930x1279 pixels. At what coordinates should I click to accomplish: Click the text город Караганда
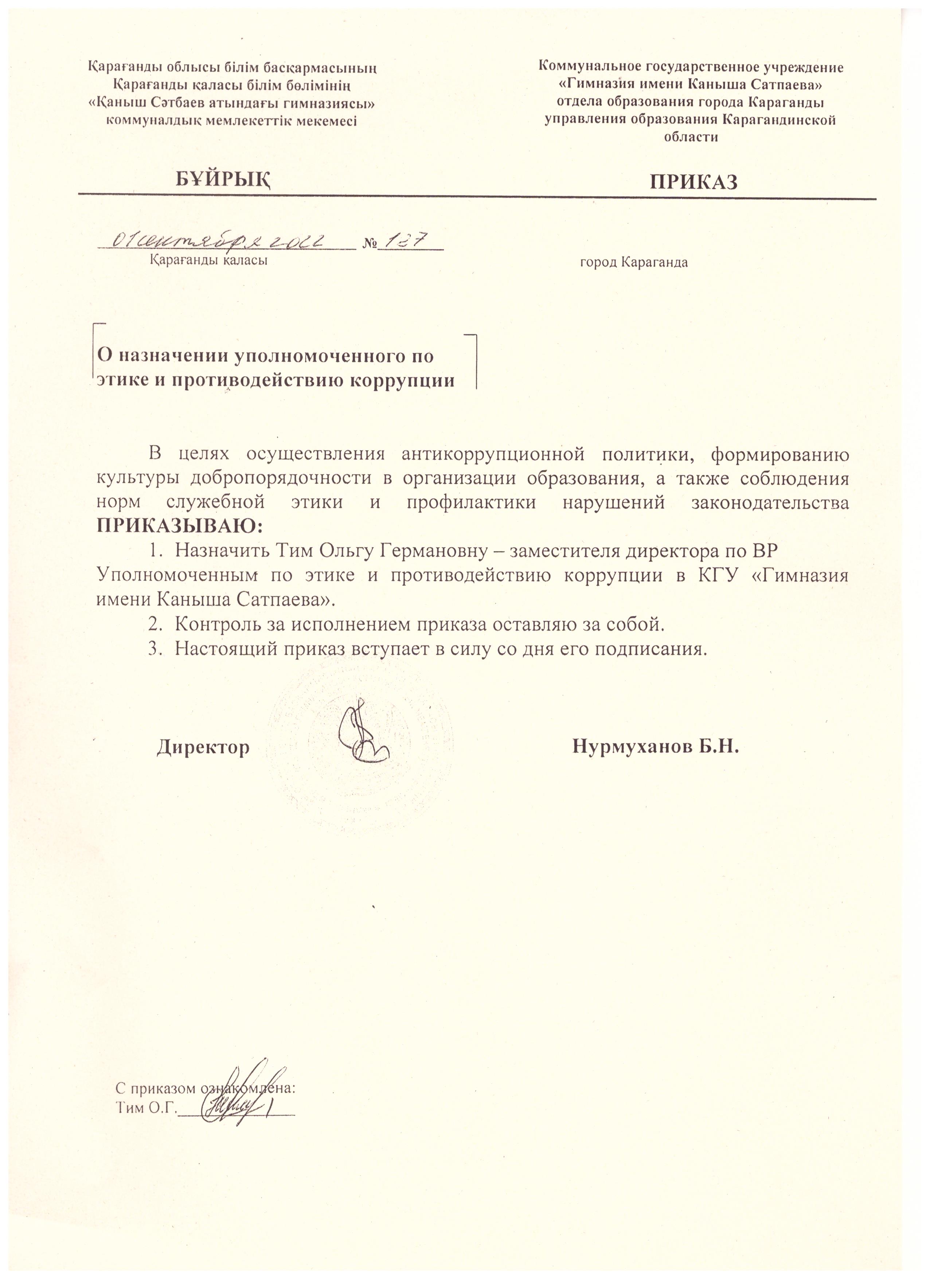click(634, 262)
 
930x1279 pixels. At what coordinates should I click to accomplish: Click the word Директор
click(203, 747)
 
